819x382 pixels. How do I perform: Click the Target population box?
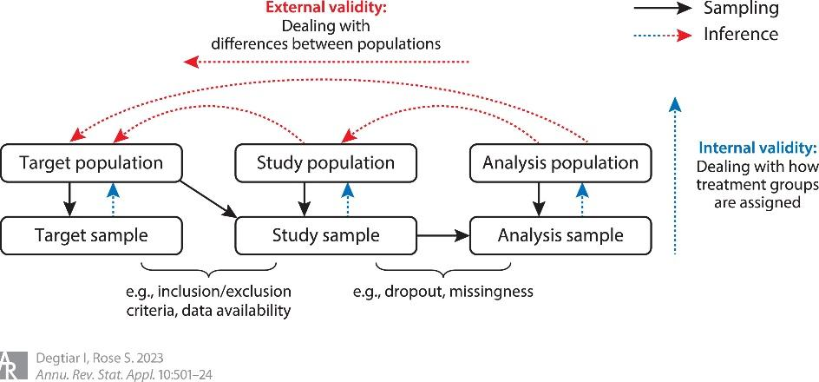click(91, 162)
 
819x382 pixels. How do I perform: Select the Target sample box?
click(91, 234)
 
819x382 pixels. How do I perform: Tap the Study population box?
click(326, 162)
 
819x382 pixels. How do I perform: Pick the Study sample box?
click(326, 234)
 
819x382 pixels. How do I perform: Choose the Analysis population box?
click(560, 162)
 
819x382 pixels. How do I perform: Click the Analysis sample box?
click(560, 234)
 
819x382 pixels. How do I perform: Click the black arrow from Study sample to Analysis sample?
click(442, 234)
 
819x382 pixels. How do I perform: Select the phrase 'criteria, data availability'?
click(212, 310)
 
